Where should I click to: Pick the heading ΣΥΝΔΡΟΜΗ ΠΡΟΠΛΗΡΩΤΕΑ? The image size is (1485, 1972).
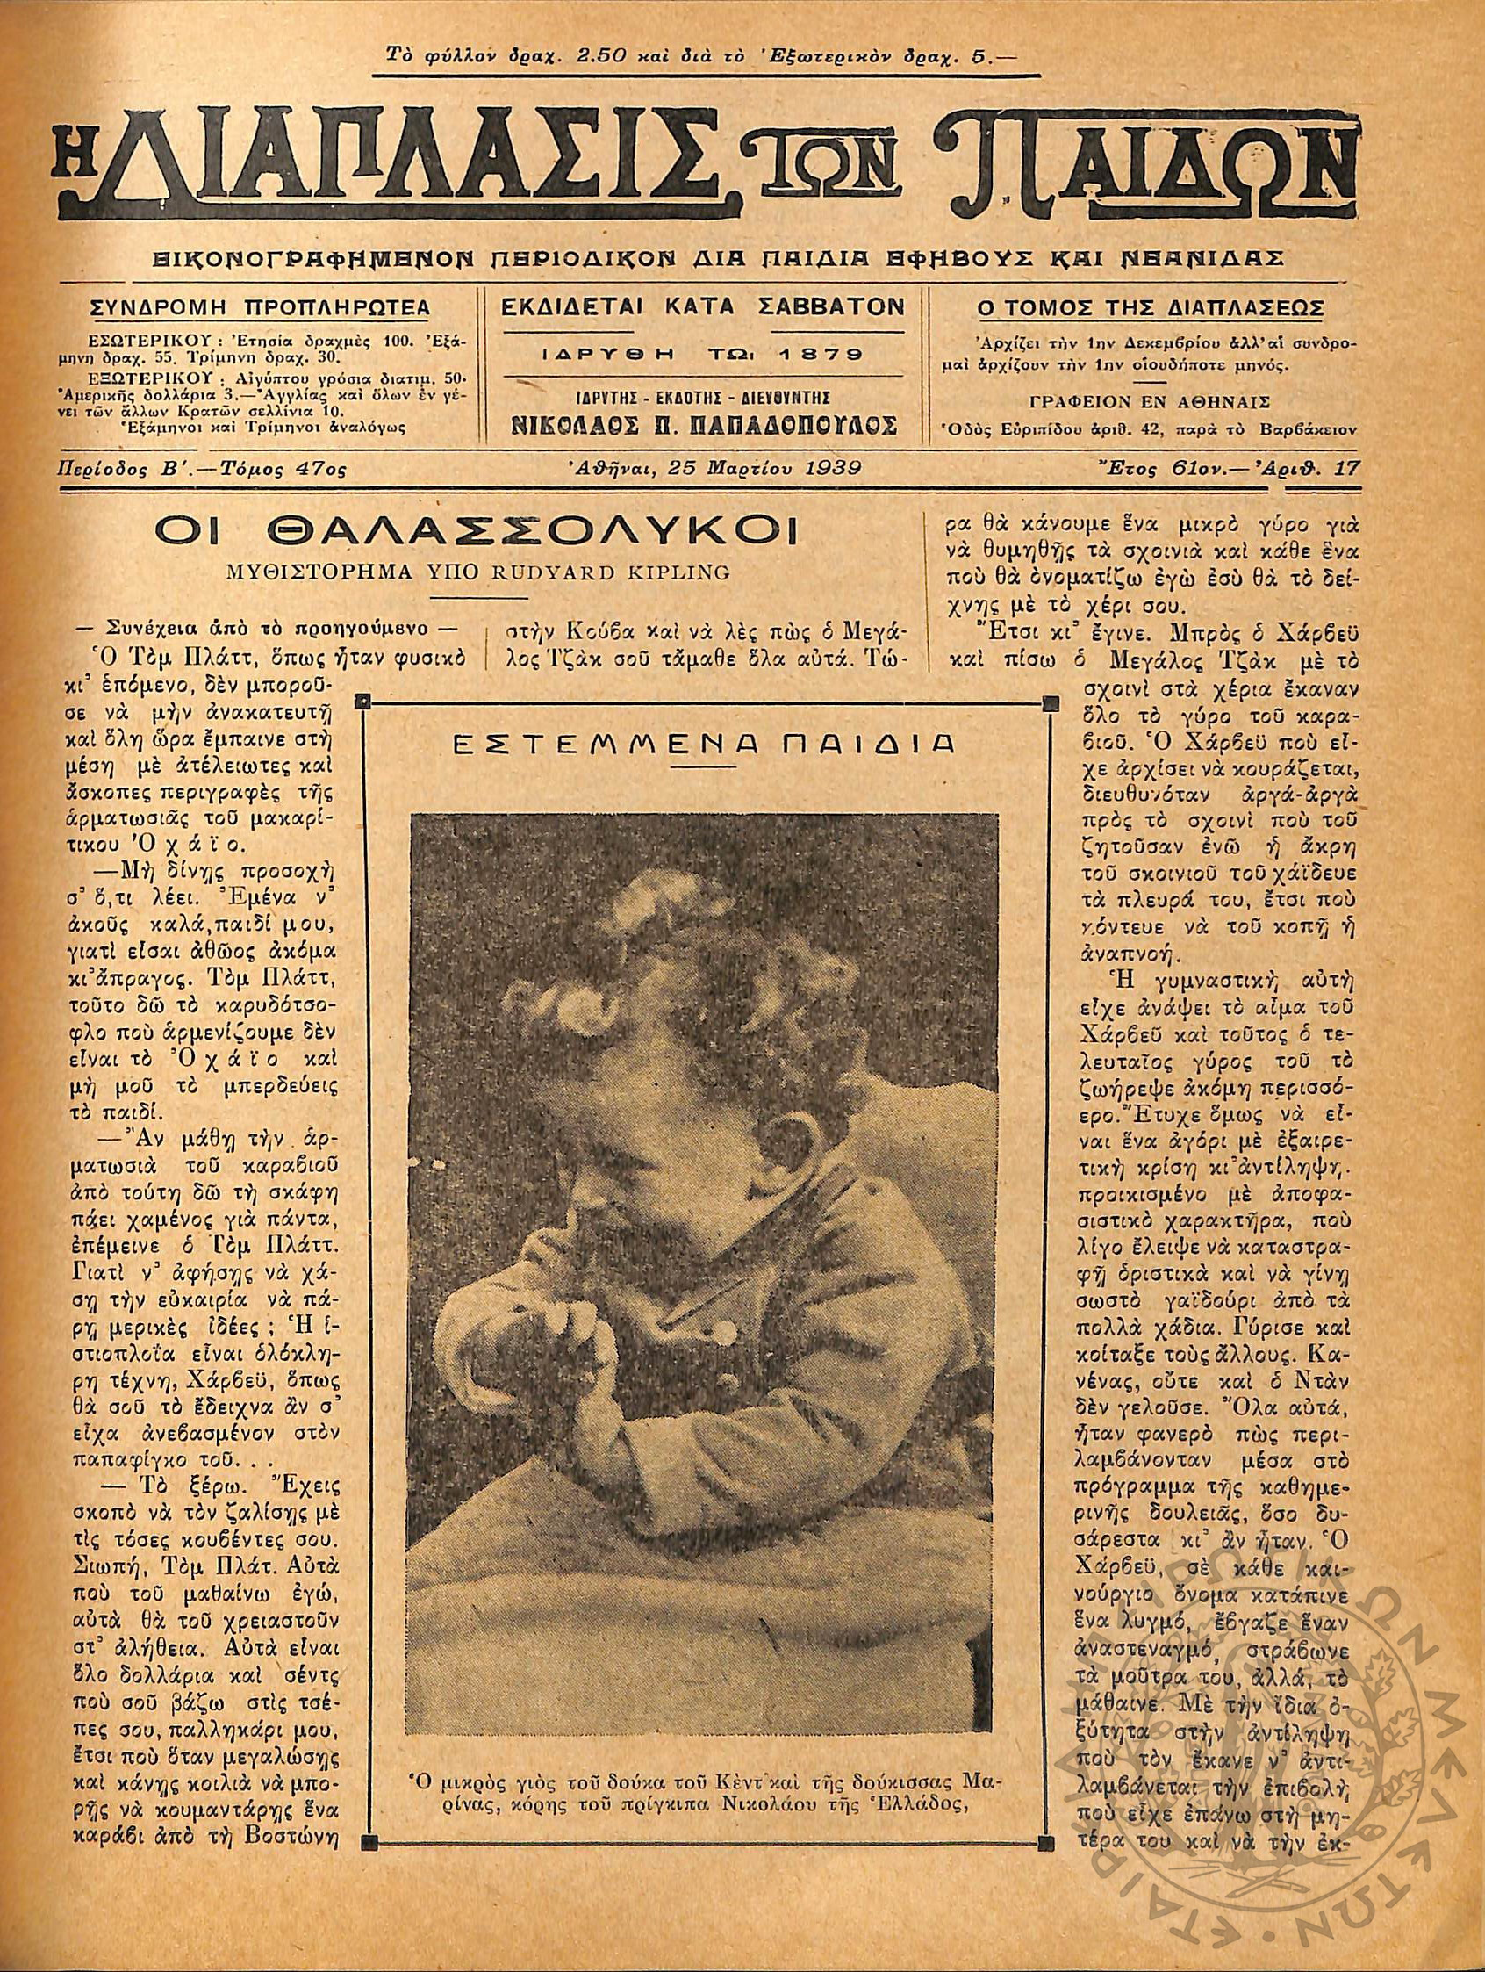pyautogui.click(x=261, y=308)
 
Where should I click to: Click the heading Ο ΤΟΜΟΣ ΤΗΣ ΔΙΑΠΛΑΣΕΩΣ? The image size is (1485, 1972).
pyautogui.click(x=1150, y=308)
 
